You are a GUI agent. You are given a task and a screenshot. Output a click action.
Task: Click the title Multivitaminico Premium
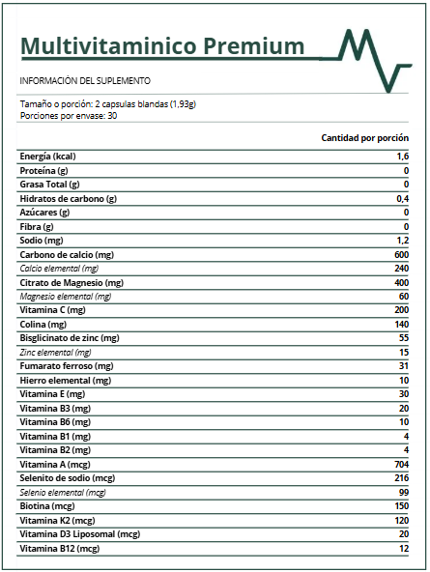click(161, 46)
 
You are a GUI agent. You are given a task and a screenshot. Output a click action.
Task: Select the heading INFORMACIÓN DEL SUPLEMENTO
click(85, 81)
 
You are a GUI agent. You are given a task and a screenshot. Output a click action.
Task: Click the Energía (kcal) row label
click(48, 157)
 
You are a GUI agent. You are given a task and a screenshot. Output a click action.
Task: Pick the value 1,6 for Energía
click(403, 157)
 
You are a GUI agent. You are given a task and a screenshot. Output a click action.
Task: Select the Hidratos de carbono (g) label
click(68, 198)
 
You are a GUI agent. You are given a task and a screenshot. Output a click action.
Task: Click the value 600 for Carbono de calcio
click(401, 254)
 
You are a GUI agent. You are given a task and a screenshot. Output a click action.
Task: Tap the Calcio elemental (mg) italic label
click(59, 269)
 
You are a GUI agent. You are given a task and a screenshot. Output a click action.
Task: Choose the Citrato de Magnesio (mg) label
click(72, 282)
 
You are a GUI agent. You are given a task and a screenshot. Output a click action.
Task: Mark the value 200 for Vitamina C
click(401, 310)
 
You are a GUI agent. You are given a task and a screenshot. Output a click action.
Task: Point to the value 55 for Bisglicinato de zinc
click(404, 338)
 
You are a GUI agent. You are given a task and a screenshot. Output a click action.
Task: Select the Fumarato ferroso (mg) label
click(67, 366)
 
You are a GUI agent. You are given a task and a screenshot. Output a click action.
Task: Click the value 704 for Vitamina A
click(401, 465)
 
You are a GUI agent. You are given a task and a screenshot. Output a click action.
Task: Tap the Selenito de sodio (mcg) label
click(68, 478)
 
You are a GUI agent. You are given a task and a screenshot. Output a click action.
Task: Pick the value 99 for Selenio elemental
click(404, 493)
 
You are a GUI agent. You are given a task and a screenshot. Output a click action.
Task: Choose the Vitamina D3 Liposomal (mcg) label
click(80, 534)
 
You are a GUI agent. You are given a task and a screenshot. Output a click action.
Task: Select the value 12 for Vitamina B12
click(404, 549)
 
